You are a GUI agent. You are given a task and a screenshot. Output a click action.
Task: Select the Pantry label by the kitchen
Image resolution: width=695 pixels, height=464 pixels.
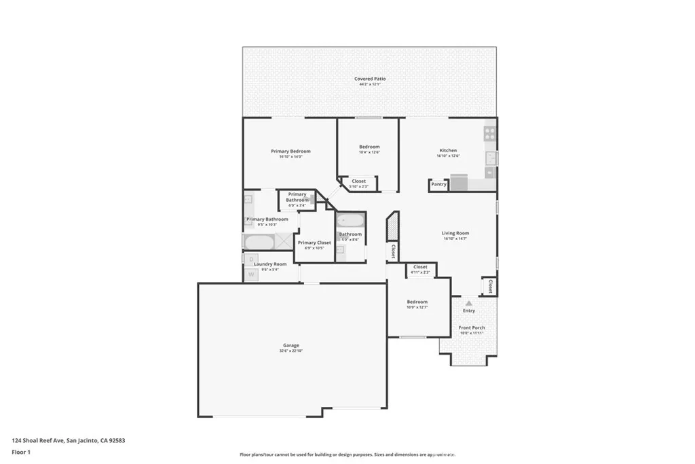click(438, 184)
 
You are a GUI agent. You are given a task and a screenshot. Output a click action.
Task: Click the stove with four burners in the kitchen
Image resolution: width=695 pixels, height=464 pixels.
click(489, 133)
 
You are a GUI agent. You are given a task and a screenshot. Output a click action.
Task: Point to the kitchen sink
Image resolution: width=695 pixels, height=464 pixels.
click(490, 158)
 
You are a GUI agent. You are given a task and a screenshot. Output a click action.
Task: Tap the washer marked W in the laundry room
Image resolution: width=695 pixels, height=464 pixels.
click(250, 274)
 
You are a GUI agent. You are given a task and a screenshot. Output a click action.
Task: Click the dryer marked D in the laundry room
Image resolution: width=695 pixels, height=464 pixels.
click(250, 260)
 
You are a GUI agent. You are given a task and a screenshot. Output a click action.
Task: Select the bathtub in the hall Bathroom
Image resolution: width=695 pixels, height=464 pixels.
click(351, 221)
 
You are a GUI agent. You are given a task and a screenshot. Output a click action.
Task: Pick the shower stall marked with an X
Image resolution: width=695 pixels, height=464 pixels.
click(284, 241)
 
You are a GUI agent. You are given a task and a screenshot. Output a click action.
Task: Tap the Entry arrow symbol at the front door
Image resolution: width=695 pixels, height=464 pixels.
click(468, 303)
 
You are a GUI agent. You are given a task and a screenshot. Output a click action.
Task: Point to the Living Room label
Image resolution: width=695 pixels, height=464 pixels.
click(456, 233)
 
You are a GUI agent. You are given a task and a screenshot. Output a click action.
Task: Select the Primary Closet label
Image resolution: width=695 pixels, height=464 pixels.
click(314, 243)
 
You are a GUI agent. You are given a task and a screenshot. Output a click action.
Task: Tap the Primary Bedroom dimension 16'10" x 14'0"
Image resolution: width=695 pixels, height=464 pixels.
click(290, 157)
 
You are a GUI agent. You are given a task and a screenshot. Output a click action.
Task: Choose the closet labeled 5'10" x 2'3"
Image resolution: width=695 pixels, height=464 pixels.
click(358, 183)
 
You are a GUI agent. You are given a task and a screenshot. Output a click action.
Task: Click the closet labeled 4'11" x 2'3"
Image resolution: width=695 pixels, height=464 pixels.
click(420, 269)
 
